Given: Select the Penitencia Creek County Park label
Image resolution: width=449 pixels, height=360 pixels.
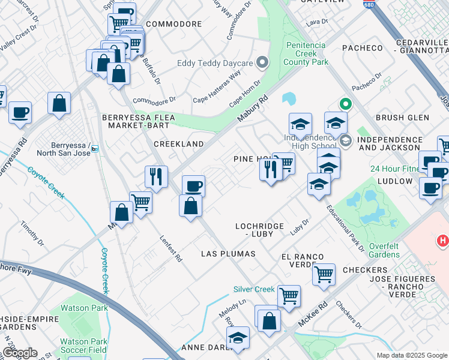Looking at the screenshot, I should tap(306, 53).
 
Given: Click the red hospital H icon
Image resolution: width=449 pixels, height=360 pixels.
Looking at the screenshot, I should tap(443, 241).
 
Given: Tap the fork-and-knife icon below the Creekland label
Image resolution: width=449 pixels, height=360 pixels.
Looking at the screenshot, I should tap(155, 176).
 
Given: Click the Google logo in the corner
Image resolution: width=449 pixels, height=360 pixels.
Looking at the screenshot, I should tap(19, 353).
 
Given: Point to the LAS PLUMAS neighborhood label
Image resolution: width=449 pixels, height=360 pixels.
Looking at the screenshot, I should tap(228, 254).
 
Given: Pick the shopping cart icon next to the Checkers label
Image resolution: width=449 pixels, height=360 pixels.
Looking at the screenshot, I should tap(324, 274).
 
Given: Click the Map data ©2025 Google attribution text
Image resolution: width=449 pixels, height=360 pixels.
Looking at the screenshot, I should tap(412, 355).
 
